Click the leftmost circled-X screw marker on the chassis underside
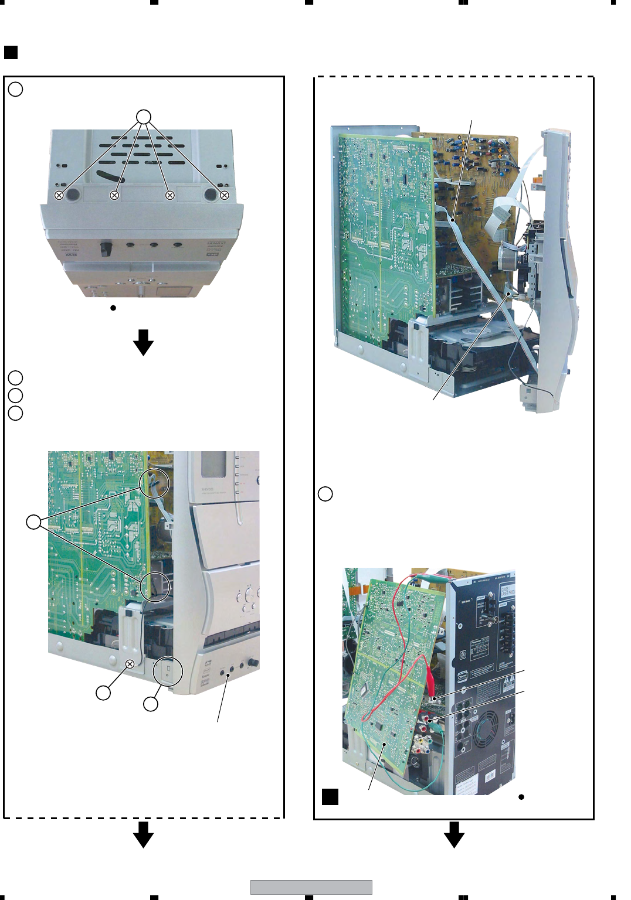point(59,195)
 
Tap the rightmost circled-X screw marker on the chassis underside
point(225,195)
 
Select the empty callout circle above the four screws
point(144,117)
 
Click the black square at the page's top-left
point(11,53)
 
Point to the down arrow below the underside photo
point(143,342)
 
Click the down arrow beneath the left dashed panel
point(143,834)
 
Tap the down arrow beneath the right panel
point(454,834)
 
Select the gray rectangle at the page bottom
point(311,887)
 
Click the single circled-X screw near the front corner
point(130,664)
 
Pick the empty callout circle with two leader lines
point(34,521)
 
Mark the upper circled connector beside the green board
point(154,484)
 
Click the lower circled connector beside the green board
point(155,586)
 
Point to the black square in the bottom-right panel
point(330,797)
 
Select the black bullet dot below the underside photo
point(113,308)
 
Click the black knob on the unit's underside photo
point(106,249)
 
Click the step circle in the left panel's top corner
point(16,89)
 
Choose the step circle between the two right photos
point(325,493)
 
